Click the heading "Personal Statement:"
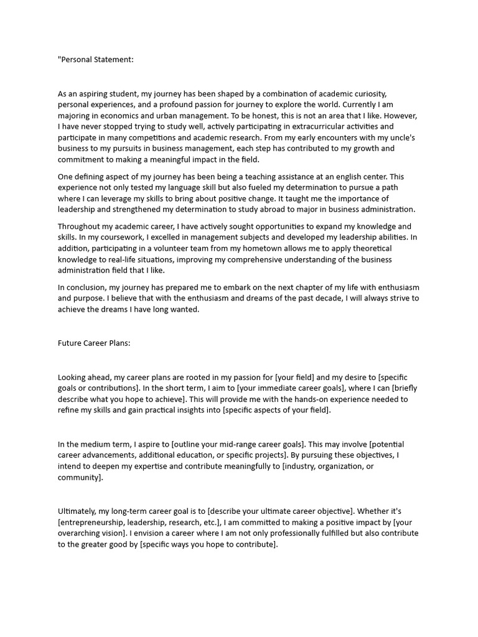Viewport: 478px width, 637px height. tap(96, 60)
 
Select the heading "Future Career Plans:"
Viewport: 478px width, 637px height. tap(94, 343)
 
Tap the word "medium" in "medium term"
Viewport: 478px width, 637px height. tap(95, 444)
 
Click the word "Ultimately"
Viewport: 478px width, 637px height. tap(78, 511)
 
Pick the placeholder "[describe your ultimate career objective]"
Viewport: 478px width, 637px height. tap(281, 511)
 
